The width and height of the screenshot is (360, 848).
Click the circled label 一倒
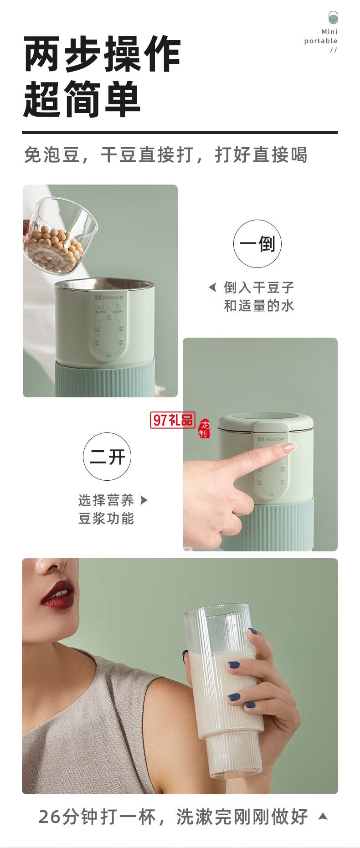click(257, 244)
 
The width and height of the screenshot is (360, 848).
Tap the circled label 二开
click(107, 457)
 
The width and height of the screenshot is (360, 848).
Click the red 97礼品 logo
click(172, 420)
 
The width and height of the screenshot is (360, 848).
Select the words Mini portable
click(321, 36)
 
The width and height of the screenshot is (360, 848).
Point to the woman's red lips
click(58, 593)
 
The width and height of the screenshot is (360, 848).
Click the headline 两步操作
click(102, 55)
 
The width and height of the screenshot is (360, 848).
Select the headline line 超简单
click(82, 99)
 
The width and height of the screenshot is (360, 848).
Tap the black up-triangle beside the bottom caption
click(323, 816)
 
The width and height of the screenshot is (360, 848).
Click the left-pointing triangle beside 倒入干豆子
click(212, 288)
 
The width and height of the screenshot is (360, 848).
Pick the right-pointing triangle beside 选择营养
click(144, 500)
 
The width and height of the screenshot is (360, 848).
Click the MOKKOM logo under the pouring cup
click(109, 297)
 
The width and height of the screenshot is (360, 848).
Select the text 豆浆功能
click(106, 519)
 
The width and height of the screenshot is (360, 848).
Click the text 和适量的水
click(259, 306)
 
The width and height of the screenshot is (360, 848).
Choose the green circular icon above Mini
click(333, 18)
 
